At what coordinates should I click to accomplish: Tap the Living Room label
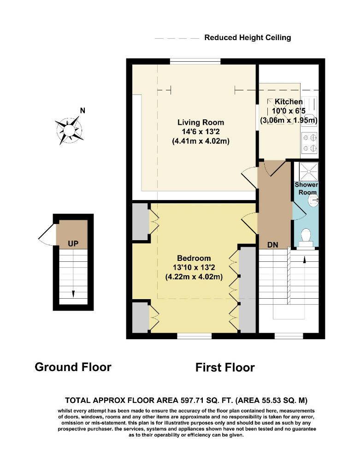(201, 122)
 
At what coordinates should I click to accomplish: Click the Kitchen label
(289, 102)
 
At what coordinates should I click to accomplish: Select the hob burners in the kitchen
(309, 142)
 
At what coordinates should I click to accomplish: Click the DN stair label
(273, 245)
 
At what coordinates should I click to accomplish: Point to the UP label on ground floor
(73, 243)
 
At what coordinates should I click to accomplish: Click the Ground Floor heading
(73, 367)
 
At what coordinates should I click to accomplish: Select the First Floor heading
(224, 367)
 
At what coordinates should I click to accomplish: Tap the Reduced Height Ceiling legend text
(248, 38)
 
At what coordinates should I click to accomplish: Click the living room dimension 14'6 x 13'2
(201, 131)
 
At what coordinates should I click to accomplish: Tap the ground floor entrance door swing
(46, 235)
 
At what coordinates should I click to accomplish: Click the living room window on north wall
(195, 61)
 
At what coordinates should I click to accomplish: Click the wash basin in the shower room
(314, 201)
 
